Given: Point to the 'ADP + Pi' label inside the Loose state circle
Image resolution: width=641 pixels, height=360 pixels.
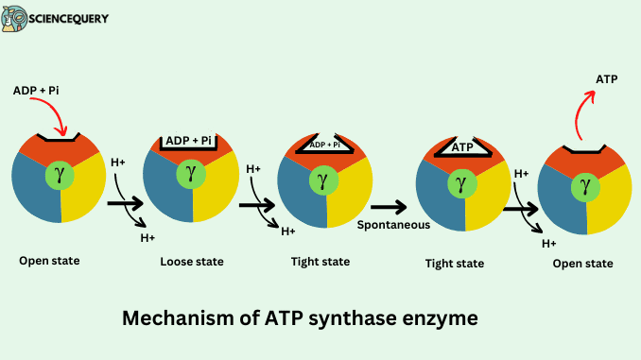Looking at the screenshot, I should tap(189, 141).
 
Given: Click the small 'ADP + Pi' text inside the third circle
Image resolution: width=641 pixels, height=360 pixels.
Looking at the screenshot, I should tap(324, 145).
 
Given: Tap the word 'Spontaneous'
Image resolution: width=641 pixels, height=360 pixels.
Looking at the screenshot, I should tap(393, 225).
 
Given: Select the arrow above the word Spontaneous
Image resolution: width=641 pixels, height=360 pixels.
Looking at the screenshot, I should tap(388, 205).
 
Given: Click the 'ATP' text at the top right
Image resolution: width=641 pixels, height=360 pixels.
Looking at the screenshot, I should tap(606, 79).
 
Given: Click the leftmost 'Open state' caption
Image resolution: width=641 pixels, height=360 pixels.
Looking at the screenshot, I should tap(48, 259).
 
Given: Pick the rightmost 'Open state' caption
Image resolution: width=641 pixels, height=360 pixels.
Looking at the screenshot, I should tap(582, 264).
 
